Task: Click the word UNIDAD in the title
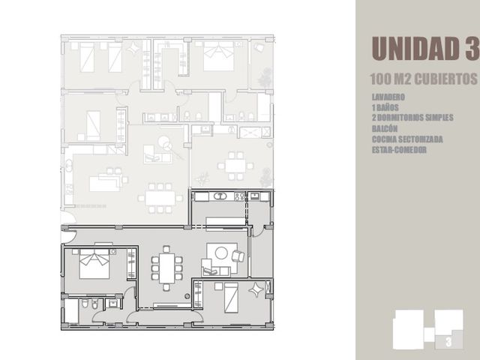point(415,48)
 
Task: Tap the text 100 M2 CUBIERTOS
point(424,79)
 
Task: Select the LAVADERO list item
point(388,97)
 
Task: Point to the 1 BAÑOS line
point(385,107)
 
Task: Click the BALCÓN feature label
point(385,128)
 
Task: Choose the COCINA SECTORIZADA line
point(407,139)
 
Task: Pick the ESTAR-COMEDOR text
point(399,150)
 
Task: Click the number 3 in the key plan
point(448,342)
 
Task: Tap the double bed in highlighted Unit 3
point(94,263)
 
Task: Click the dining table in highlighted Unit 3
point(166,268)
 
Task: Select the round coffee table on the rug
point(221,253)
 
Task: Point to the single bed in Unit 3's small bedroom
point(231,298)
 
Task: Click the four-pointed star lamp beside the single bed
point(256,289)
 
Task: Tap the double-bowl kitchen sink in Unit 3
point(219,196)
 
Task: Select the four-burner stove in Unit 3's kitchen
point(240,196)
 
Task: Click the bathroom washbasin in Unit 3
point(114,304)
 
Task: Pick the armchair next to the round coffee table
point(238,256)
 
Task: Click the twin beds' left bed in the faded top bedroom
point(87,57)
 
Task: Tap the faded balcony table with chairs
point(235,166)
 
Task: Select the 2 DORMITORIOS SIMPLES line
point(412,118)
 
